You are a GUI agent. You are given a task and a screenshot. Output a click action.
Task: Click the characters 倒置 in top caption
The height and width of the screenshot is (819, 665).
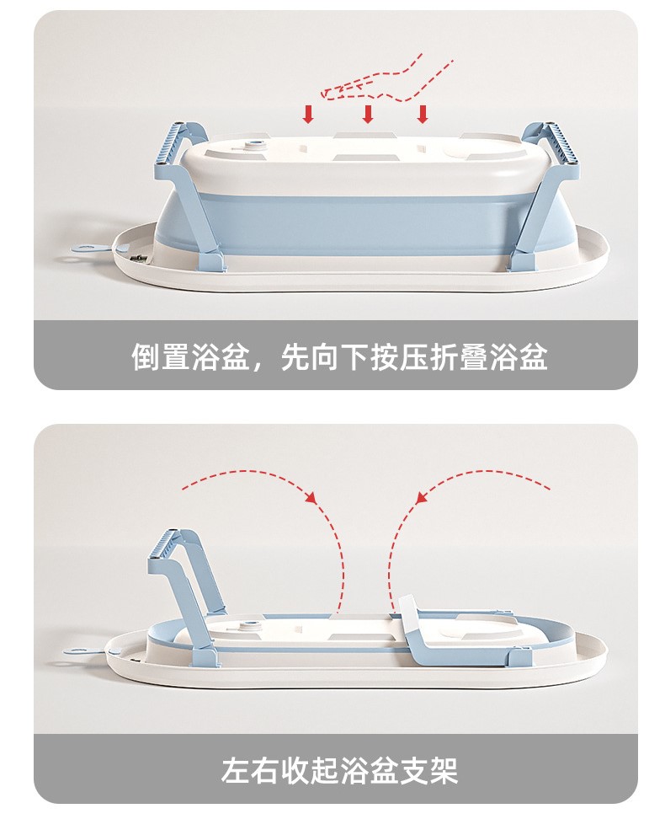point(162,357)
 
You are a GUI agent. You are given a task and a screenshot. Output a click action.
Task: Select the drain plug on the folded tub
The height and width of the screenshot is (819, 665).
point(250,626)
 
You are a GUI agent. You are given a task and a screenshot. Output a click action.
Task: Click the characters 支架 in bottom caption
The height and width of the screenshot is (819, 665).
point(428,770)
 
